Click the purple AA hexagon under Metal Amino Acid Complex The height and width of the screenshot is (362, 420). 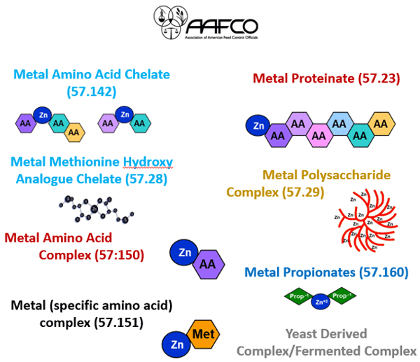click(207, 264)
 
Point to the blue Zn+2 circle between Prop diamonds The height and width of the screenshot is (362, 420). click(321, 302)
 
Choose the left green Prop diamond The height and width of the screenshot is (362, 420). click(297, 297)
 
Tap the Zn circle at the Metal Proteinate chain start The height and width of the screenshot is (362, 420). click(257, 126)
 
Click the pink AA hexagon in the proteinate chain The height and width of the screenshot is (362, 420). click(318, 133)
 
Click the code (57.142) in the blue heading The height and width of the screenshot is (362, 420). click(91, 91)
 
